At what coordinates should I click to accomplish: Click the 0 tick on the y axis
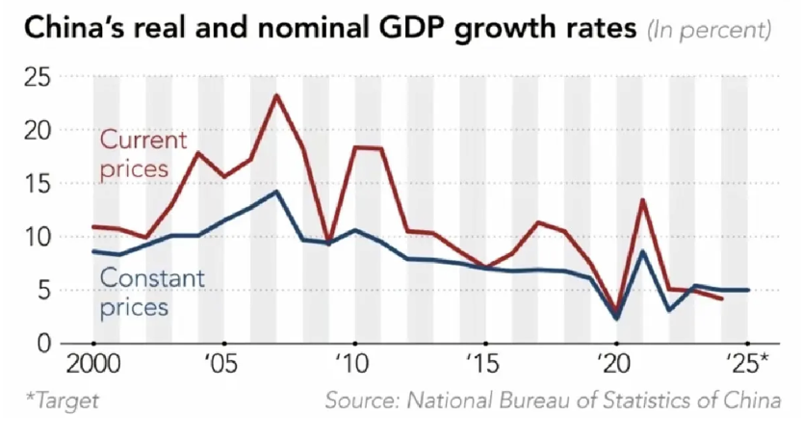tap(42, 344)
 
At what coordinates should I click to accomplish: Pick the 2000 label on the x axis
tap(93, 366)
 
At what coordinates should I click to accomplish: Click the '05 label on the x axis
tap(223, 366)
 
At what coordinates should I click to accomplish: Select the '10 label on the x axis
tap(354, 366)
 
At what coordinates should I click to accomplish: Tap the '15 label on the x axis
tap(485, 366)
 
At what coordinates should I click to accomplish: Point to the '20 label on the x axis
tap(616, 366)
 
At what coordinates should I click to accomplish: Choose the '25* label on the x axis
tap(749, 366)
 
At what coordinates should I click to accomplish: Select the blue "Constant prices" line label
tap(151, 294)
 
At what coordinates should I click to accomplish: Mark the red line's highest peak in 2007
tap(276, 95)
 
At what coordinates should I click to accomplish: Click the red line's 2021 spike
tap(642, 200)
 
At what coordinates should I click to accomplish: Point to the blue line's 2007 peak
tap(276, 192)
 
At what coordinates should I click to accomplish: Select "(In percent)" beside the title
tap(709, 30)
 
